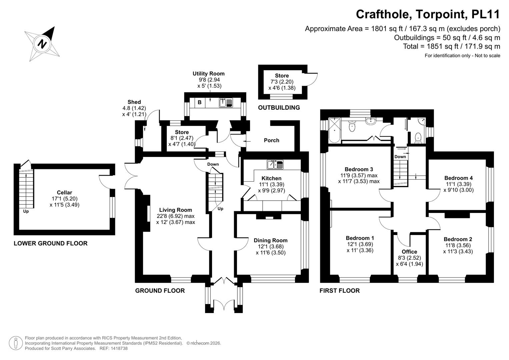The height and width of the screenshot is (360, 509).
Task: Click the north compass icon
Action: pos(42,44)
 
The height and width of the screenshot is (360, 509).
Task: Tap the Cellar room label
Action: pos(64,192)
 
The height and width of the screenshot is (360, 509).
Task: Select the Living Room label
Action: pos(175,210)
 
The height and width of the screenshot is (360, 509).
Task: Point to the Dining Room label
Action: pos(270,240)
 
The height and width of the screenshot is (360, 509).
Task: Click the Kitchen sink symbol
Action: pos(275,164)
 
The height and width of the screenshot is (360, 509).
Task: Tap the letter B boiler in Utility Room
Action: pos(200,102)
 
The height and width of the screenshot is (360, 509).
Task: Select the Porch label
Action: pos(271,140)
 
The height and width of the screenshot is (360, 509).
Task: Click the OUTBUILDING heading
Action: pos(279,108)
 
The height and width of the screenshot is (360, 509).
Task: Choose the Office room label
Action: pos(409,252)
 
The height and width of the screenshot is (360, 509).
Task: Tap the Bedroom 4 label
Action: pos(458,178)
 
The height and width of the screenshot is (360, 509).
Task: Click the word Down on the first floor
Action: pos(400,157)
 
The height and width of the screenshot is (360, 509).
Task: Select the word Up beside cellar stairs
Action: pos(26,211)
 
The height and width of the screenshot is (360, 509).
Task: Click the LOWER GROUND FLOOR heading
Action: pos(50,243)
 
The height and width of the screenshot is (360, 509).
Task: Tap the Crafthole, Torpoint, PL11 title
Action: pos(428,14)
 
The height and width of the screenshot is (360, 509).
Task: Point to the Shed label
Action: pos(134,102)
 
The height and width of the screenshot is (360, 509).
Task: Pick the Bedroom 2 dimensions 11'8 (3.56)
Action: pos(458,245)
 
